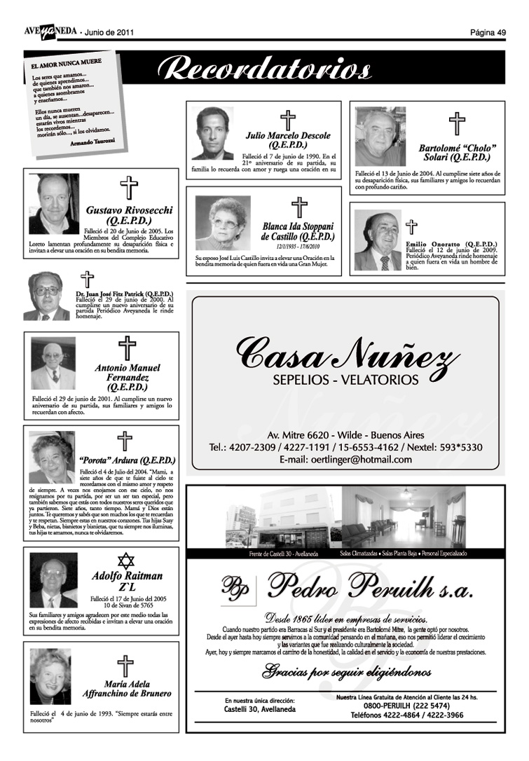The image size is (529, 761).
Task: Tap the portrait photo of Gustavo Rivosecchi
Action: (x=54, y=204)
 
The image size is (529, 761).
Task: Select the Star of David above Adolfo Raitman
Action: (x=125, y=561)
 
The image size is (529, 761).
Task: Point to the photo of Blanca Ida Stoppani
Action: (x=223, y=223)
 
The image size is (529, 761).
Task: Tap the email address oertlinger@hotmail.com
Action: (x=345, y=459)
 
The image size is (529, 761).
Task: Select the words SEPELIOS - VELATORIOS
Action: (x=345, y=380)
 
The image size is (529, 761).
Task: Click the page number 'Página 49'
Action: (x=488, y=32)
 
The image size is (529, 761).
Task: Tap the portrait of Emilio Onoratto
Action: (x=377, y=240)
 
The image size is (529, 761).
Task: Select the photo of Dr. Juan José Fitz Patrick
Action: (x=47, y=296)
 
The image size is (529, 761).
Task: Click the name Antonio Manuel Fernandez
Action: (x=128, y=376)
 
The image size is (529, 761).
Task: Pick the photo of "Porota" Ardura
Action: (x=53, y=457)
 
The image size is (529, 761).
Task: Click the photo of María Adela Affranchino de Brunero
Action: (x=50, y=676)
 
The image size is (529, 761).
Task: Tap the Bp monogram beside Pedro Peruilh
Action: (x=235, y=584)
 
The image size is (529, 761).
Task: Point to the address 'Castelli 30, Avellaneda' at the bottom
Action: (x=260, y=709)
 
